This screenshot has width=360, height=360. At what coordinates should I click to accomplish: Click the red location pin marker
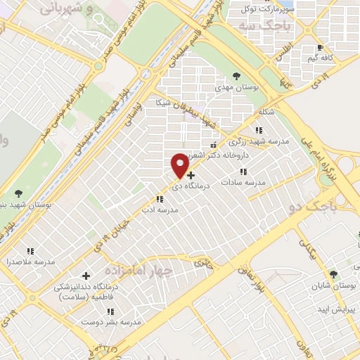[x=181, y=165]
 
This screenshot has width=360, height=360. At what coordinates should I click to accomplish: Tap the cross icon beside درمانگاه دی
[x=191, y=174]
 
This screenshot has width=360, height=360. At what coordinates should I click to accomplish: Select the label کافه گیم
[x=319, y=57]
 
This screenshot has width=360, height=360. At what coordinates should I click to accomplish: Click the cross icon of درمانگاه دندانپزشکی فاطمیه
[x=86, y=276]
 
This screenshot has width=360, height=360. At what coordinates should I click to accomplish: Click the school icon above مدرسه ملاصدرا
[x=30, y=250]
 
